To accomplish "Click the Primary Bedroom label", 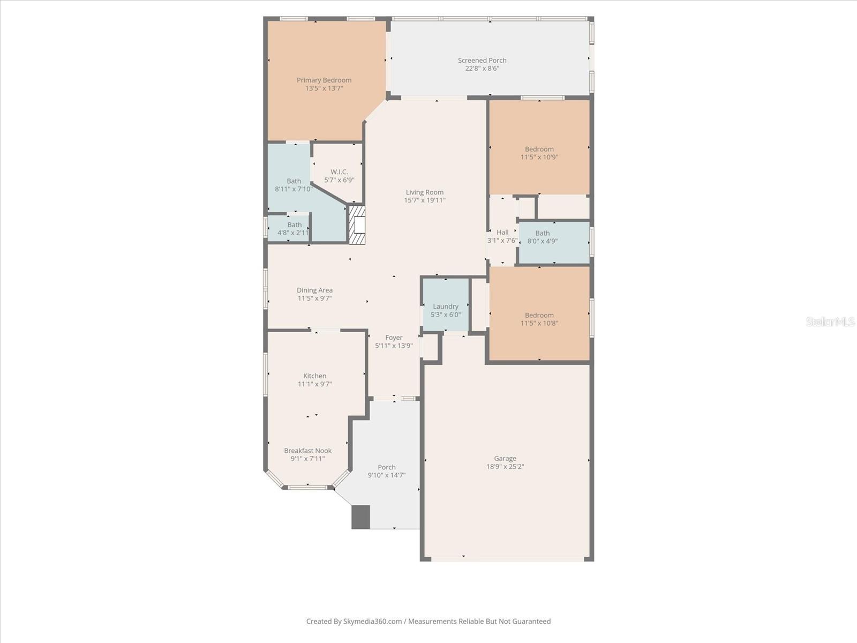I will (x=324, y=80).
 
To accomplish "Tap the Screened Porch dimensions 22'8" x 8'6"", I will (x=482, y=69).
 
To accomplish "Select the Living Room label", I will (x=425, y=192).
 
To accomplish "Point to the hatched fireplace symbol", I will (x=357, y=225).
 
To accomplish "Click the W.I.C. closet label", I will (x=339, y=172).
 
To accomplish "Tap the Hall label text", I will (x=502, y=233).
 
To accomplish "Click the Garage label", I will (x=505, y=459).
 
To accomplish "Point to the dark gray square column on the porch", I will (x=360, y=517).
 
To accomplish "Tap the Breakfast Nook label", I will (x=308, y=451).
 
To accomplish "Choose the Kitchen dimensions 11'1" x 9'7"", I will (x=315, y=384).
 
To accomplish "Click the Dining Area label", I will (x=315, y=290).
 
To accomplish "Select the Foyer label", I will (x=394, y=338).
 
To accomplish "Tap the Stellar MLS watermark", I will (x=830, y=322).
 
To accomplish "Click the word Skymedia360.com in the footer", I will (x=373, y=622).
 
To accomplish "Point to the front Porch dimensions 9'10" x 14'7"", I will (x=387, y=475).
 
